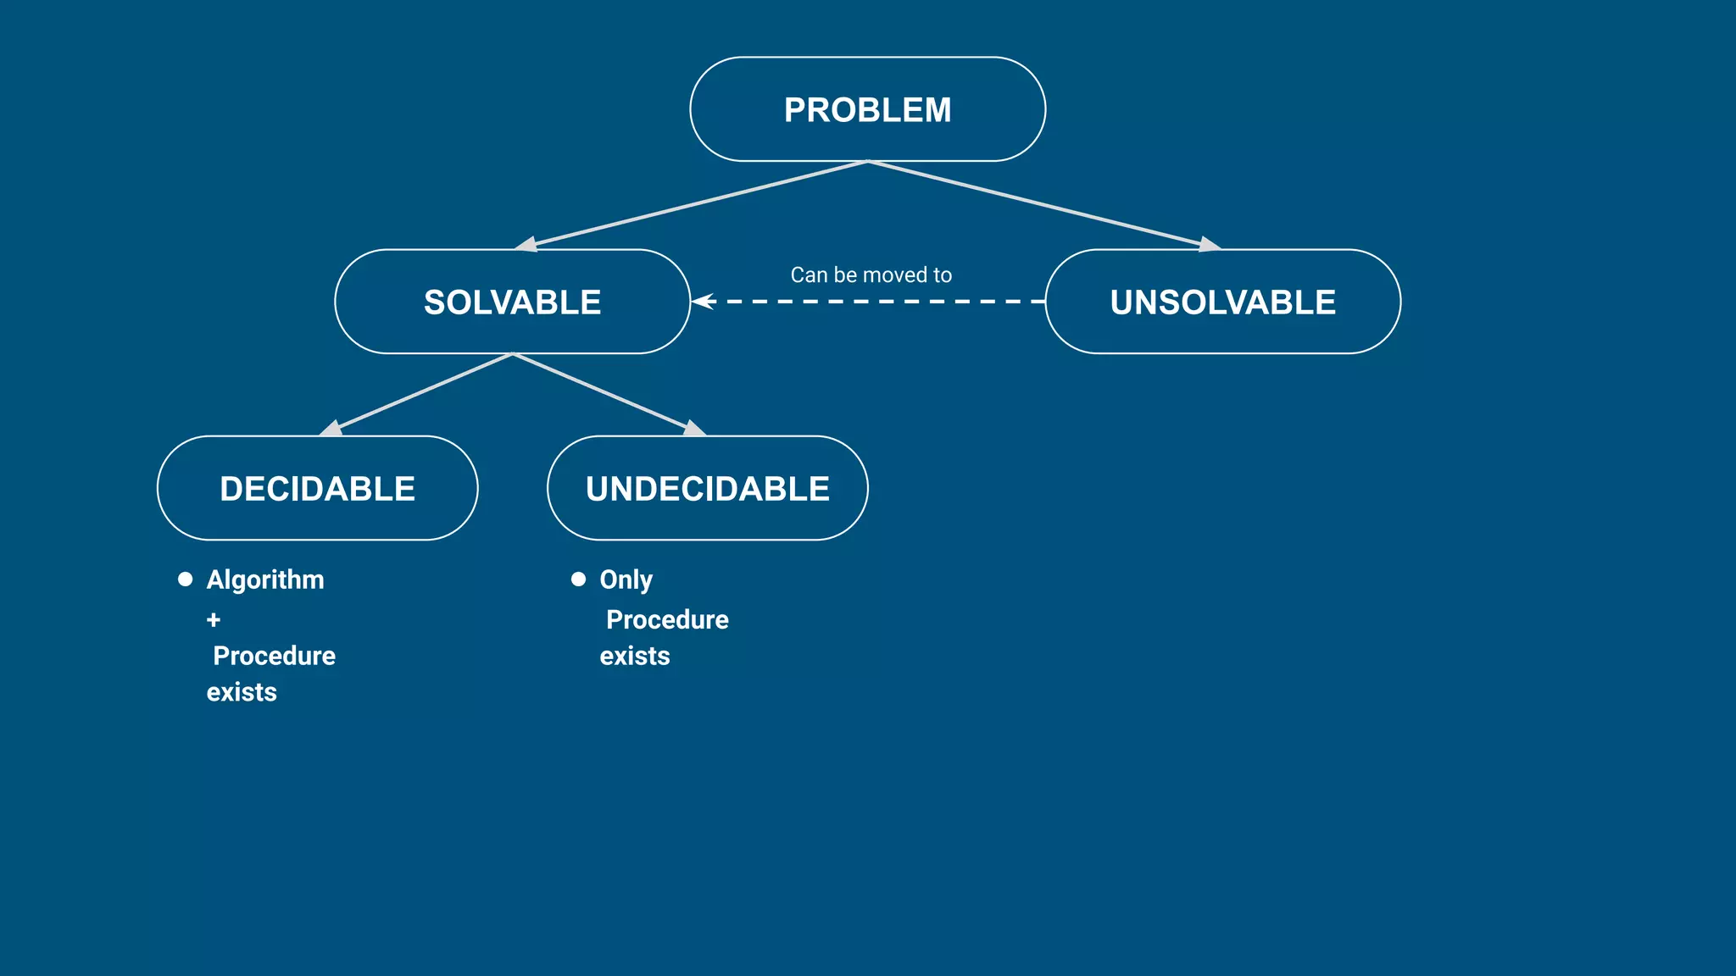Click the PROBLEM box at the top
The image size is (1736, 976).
point(867,109)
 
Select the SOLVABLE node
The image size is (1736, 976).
point(512,302)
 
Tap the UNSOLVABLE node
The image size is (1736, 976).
point(1222,302)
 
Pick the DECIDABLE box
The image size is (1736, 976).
point(317,488)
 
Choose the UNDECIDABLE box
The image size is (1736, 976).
point(707,488)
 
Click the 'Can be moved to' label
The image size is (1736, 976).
point(871,274)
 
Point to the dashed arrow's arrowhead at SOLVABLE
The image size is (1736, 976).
point(703,301)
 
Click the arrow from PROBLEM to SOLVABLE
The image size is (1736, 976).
point(695,204)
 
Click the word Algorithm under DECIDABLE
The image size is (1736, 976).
point(265,579)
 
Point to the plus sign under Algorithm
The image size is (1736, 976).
point(214,620)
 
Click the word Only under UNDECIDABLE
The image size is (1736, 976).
point(626,579)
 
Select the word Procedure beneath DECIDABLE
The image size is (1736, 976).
point(274,656)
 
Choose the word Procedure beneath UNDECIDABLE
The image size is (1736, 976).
point(667,619)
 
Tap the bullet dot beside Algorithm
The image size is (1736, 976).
point(185,579)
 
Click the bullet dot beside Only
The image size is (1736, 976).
point(578,579)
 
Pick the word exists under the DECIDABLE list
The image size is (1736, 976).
point(242,692)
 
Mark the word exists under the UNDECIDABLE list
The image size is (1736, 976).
point(634,656)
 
